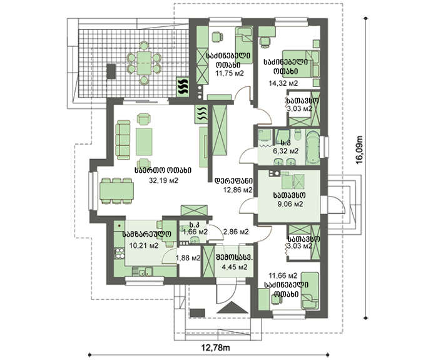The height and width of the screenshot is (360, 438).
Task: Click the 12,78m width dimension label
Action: (216, 347)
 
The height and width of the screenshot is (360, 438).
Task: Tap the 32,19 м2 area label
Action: (163, 180)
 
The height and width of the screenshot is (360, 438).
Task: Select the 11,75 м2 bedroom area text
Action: (230, 73)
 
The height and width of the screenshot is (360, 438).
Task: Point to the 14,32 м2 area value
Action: (283, 83)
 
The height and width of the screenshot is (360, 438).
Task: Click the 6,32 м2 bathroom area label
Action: (285, 152)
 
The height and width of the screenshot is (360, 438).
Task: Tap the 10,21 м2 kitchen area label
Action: (144, 245)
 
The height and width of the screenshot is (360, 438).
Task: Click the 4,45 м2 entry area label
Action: (235, 267)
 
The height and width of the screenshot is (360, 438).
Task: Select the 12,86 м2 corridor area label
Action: (238, 190)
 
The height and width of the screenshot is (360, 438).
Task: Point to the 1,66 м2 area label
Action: (195, 232)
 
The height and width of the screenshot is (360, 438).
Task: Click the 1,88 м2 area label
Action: (188, 258)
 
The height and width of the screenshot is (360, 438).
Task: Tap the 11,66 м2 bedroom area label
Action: (283, 276)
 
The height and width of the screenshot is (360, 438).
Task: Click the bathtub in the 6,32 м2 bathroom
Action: (313, 147)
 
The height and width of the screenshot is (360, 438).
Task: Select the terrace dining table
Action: (144, 63)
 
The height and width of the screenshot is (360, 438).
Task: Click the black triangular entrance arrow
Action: (232, 307)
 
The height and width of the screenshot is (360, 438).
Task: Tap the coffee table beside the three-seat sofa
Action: (144, 141)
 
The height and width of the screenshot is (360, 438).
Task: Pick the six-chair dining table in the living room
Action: (116, 191)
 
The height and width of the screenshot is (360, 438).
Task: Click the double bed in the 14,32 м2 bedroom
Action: (300, 63)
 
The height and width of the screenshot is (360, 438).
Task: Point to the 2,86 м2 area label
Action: (236, 232)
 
